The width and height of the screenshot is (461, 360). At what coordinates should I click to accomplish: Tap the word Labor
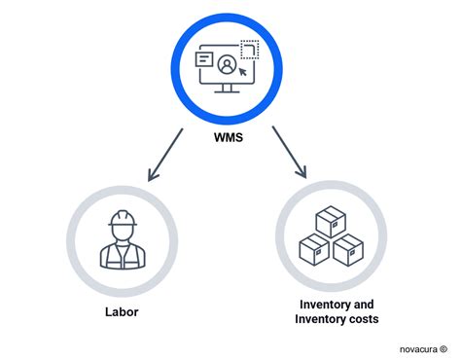point(122,313)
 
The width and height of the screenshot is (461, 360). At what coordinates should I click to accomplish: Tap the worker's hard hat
point(122,218)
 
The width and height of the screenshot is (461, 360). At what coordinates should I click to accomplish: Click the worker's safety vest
point(122,255)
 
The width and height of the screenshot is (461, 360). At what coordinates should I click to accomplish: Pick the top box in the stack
point(331,222)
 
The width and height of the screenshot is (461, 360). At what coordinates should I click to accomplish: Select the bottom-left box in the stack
point(313,249)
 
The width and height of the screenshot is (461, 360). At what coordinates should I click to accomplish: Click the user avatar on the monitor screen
point(227,66)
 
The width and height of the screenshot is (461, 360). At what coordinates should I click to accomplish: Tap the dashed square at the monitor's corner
point(250,50)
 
